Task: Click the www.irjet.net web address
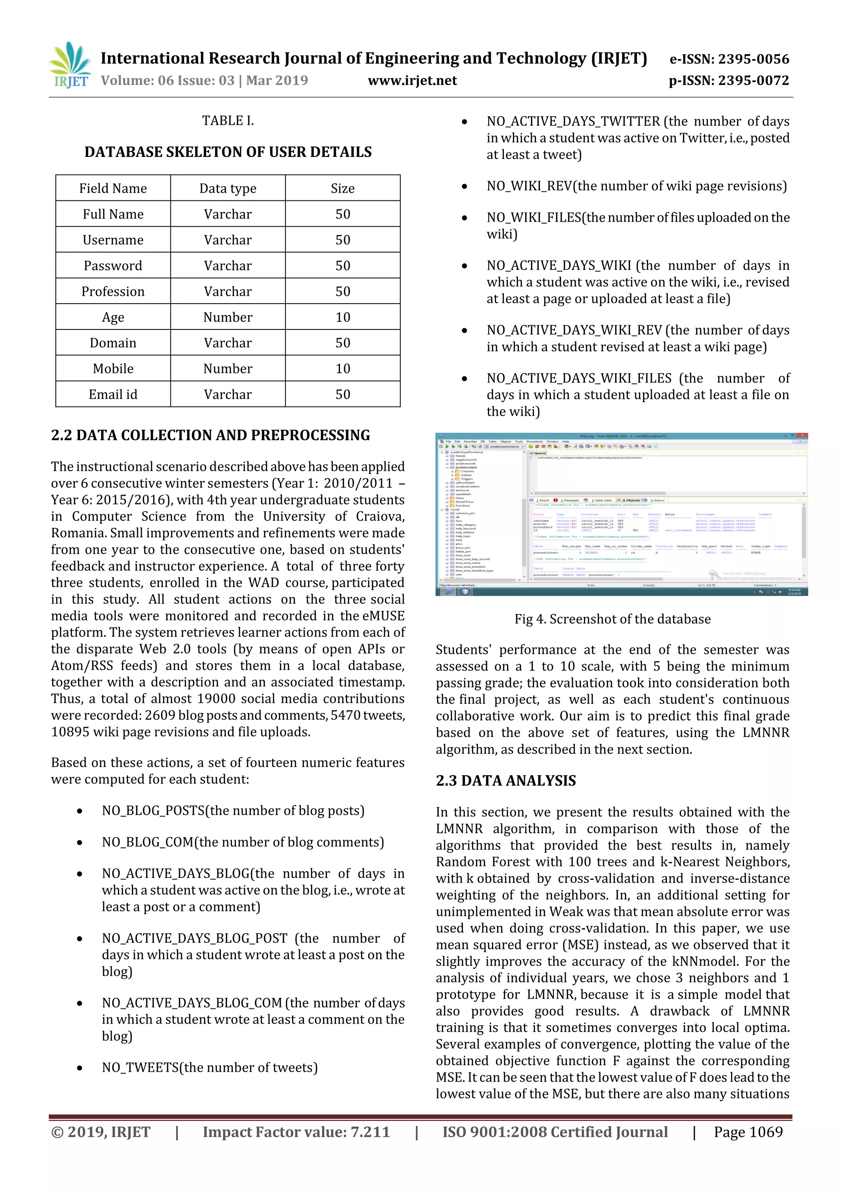pyautogui.click(x=412, y=81)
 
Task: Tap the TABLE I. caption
pyautogui.click(x=227, y=121)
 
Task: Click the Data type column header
pyautogui.click(x=227, y=188)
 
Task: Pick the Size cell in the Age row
pyautogui.click(x=342, y=317)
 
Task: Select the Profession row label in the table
pyautogui.click(x=113, y=291)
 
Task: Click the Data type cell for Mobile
pyautogui.click(x=227, y=368)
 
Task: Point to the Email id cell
pyautogui.click(x=113, y=394)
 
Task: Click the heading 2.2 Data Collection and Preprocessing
pyautogui.click(x=210, y=435)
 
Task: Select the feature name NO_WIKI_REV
pyautogui.click(x=529, y=186)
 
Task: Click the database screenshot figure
pyautogui.click(x=621, y=514)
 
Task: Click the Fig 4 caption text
pyautogui.click(x=612, y=619)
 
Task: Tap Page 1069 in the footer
pyautogui.click(x=748, y=1132)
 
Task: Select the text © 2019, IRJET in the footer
pyautogui.click(x=101, y=1132)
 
